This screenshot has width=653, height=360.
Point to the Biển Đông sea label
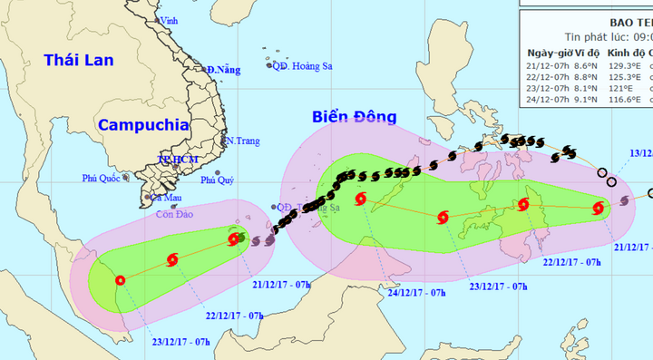coord(348,117)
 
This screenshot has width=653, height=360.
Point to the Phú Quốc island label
coord(101,179)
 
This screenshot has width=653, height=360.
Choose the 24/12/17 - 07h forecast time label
coord(418,293)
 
